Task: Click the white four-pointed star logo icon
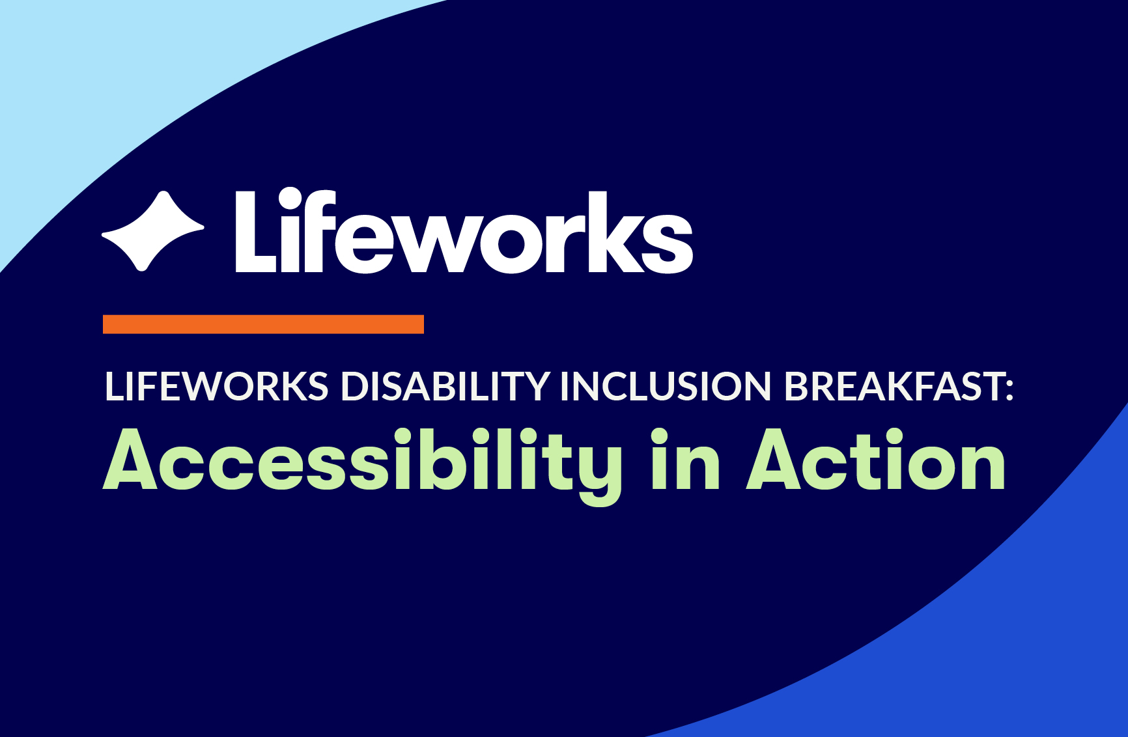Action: (153, 230)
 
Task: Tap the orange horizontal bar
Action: (263, 324)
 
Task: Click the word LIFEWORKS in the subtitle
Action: (216, 387)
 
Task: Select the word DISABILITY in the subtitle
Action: (445, 387)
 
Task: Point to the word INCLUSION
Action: (666, 387)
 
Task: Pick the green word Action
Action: (876, 460)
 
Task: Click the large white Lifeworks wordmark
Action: (464, 231)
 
